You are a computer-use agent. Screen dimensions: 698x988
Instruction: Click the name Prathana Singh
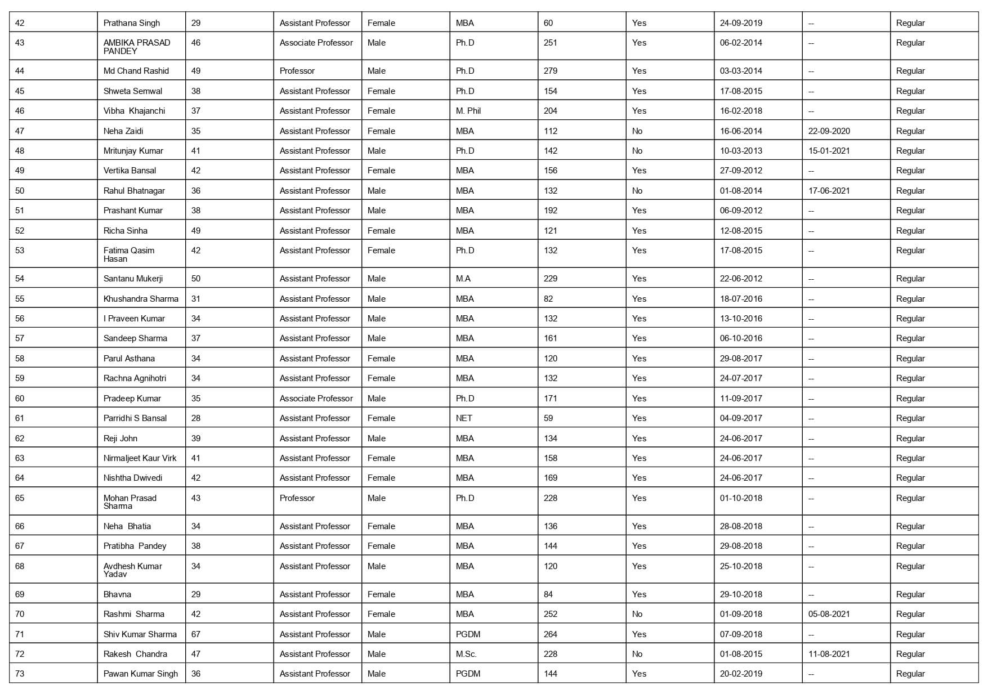coord(132,23)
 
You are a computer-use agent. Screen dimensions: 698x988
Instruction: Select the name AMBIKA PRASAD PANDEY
coord(137,47)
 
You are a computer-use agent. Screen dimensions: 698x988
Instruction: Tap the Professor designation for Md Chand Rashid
coord(297,71)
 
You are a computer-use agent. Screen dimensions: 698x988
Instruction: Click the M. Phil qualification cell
coord(468,111)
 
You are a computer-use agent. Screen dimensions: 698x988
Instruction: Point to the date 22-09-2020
coord(829,131)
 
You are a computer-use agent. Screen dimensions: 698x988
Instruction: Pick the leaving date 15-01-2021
coord(829,151)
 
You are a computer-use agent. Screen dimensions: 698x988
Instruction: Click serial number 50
coord(20,191)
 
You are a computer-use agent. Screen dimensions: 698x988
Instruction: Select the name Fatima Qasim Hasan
coord(129,254)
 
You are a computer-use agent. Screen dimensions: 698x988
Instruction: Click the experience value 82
coord(548,299)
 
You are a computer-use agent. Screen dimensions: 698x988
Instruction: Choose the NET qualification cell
coord(464,418)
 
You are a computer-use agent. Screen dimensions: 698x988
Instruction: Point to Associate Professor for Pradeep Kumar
coord(316,399)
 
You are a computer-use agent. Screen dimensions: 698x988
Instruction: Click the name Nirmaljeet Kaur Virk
coord(140,458)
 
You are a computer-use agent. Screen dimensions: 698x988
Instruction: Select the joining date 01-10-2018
coord(741,498)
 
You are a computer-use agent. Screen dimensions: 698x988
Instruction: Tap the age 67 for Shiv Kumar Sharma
coord(196,634)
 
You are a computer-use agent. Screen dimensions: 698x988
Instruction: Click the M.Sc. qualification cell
coord(466,654)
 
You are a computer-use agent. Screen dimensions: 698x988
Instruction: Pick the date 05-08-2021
coord(829,614)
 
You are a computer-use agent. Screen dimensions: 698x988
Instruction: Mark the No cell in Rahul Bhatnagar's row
coord(637,191)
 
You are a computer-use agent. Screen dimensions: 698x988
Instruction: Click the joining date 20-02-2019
coord(741,674)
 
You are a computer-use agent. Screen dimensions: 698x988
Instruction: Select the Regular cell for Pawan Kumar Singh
coord(910,674)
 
